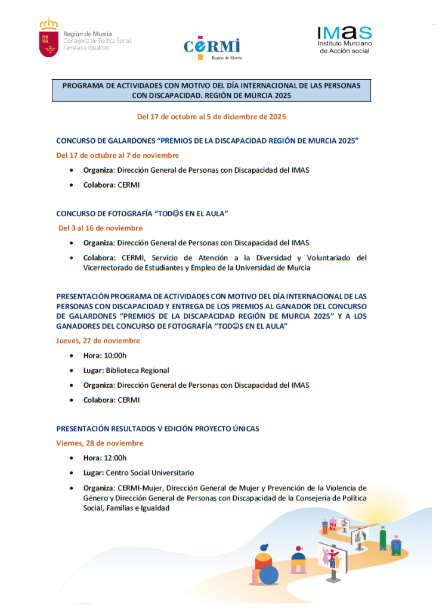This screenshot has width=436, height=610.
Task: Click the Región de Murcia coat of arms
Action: click(48, 38)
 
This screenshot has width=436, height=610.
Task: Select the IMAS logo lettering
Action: click(345, 33)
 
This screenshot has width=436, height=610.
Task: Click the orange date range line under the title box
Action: click(211, 117)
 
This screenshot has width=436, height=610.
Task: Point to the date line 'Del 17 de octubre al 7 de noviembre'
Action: click(117, 155)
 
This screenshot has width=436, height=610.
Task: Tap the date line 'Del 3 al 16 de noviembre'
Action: click(100, 228)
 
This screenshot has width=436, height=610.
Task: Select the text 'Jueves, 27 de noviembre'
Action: click(98, 341)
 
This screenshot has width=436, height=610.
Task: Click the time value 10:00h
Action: click(116, 356)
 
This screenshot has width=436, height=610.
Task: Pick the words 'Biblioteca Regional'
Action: click(137, 371)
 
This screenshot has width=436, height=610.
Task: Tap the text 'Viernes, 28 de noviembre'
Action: click(100, 443)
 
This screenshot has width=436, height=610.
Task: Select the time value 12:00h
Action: click(116, 458)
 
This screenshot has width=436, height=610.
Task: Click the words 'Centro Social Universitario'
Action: click(150, 473)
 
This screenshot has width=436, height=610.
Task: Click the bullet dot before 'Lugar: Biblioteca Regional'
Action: click(72, 371)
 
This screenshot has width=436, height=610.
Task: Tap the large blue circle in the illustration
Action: click(268, 575)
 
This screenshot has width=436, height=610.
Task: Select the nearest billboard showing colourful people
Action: click(332, 558)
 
